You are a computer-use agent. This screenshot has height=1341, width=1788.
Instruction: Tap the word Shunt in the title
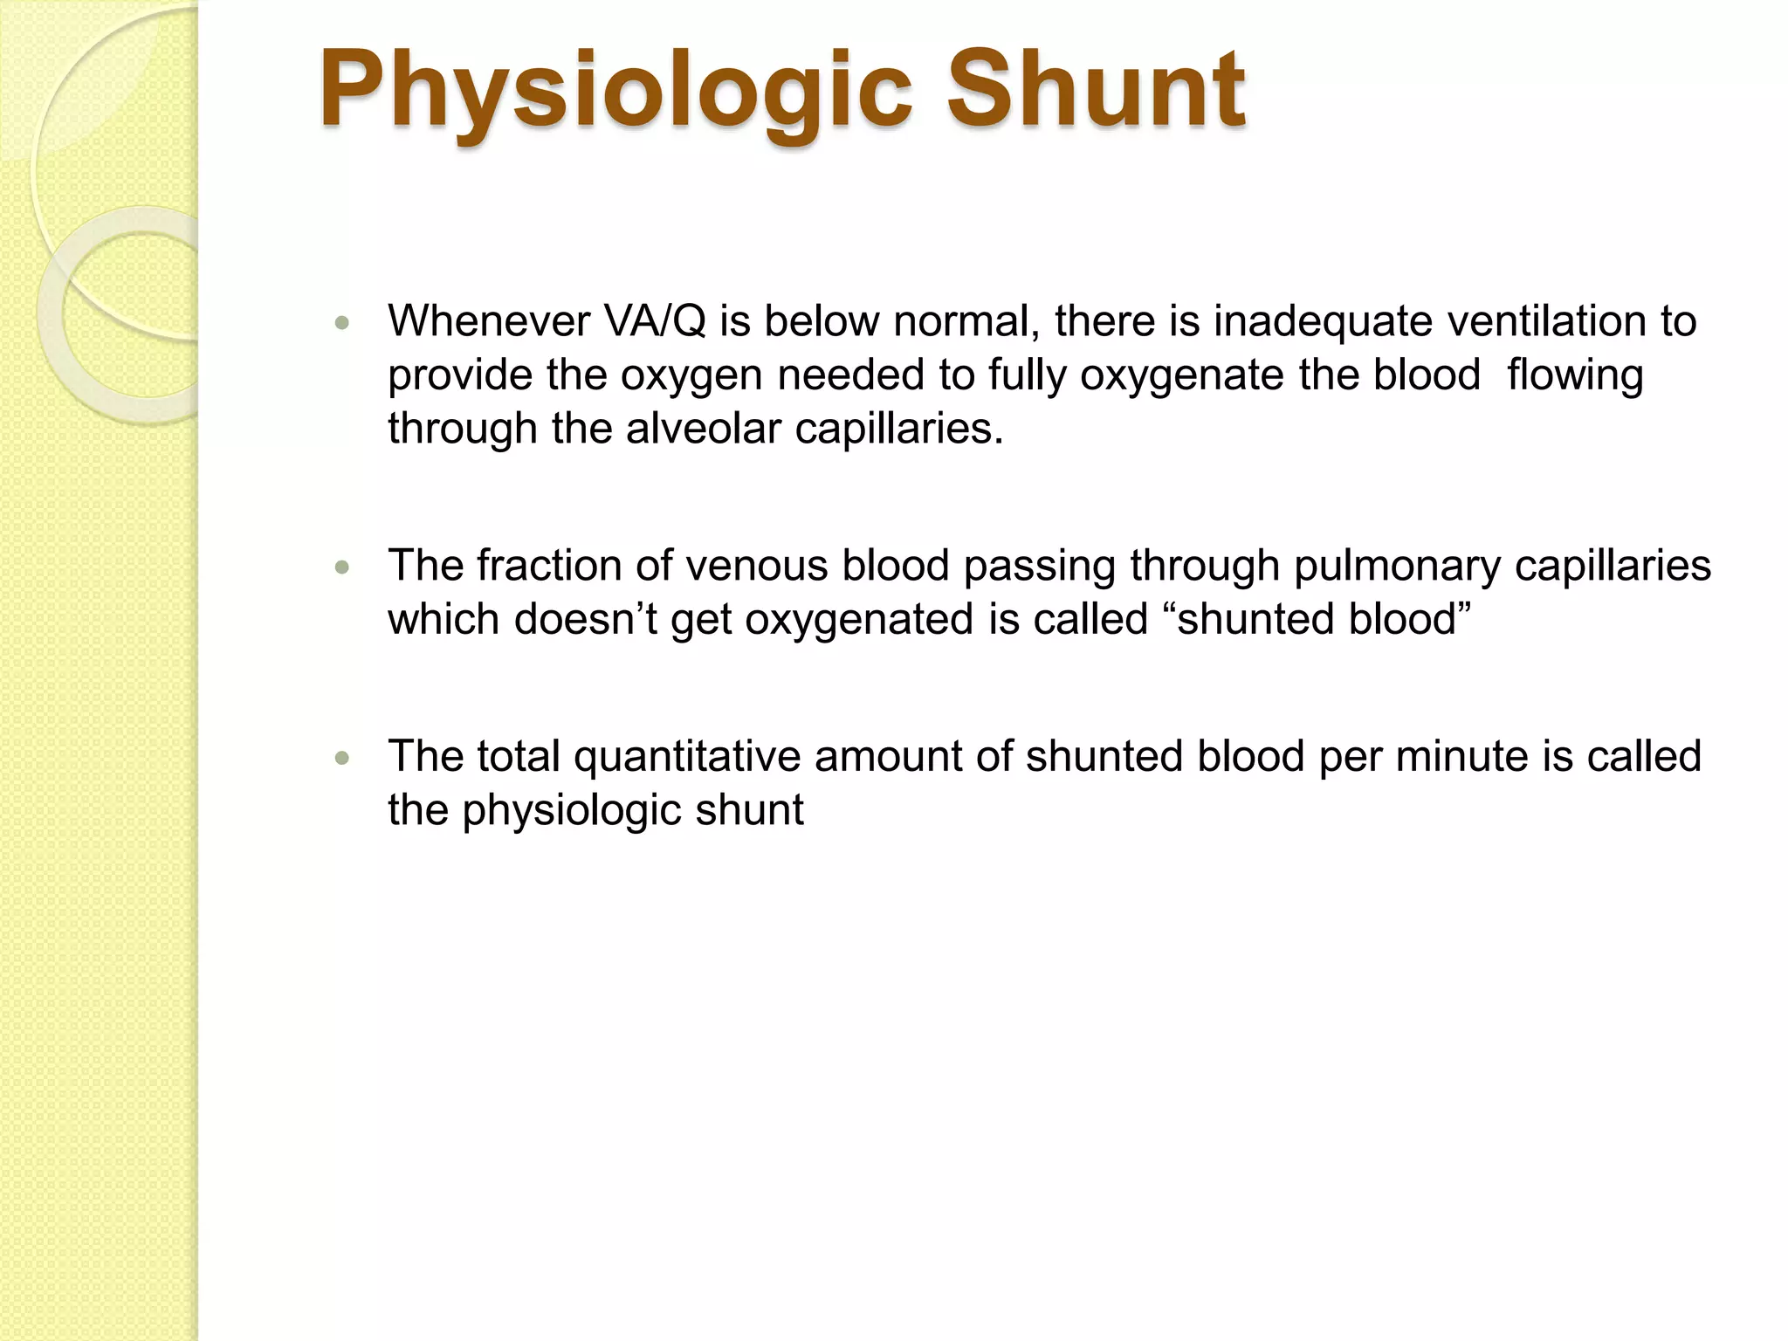[x=1097, y=90]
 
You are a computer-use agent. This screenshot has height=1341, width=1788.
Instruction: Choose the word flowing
[x=1575, y=375]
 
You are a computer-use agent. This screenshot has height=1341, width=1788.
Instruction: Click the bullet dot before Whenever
[x=342, y=323]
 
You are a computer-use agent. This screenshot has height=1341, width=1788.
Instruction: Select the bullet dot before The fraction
[x=342, y=567]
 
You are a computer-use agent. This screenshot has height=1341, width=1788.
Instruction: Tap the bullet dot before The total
[x=342, y=758]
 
